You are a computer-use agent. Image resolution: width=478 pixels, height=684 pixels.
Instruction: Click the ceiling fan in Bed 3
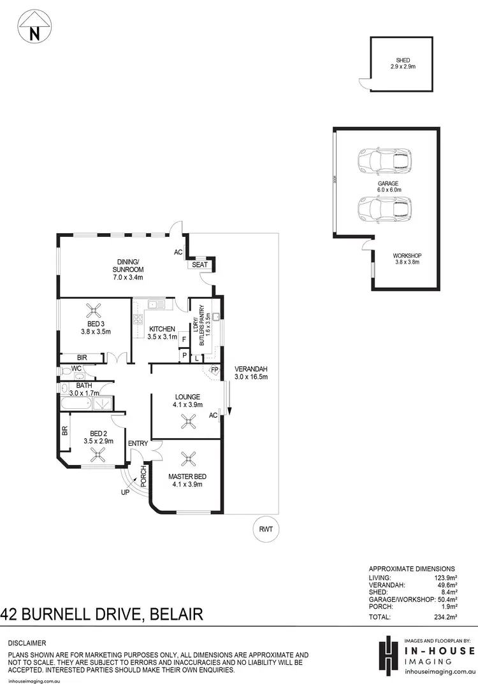(96, 310)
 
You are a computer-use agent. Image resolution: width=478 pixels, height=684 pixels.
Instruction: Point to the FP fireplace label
(215, 369)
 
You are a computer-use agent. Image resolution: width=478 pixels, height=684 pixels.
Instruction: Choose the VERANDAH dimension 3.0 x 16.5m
(250, 377)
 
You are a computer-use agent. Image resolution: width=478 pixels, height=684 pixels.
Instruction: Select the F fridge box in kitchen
(184, 340)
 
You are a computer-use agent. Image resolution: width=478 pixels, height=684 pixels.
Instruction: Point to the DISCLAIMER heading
(27, 643)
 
